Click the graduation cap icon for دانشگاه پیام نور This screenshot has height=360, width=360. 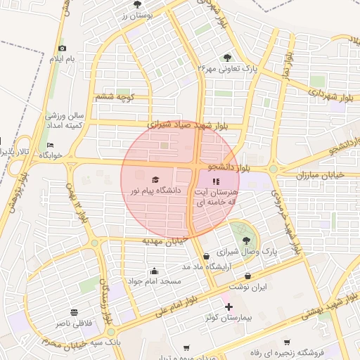155,179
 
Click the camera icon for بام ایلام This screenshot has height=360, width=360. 62,48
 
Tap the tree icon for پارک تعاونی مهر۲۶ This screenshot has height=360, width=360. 226,58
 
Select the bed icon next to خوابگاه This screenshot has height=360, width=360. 49,145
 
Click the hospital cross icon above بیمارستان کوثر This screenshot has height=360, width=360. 228,307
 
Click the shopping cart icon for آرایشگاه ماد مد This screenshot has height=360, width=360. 205,256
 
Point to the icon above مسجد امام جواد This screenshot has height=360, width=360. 154,271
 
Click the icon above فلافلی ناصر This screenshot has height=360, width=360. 74,311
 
